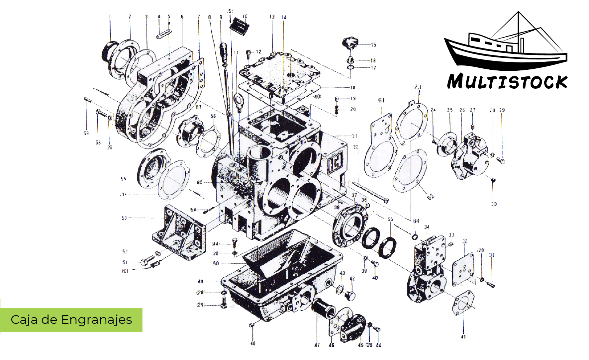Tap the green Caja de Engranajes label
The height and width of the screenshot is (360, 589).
71,320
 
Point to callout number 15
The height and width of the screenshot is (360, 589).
373,45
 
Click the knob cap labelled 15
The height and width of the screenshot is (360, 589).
349,43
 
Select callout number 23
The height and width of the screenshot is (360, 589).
418,87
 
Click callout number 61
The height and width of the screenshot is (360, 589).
381,100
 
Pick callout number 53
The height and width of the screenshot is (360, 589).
124,218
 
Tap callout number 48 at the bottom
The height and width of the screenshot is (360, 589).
253,343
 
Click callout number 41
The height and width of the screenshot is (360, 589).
463,336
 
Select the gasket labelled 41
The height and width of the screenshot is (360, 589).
463,303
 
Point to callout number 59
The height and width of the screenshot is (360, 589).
86,133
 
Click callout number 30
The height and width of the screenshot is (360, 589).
494,204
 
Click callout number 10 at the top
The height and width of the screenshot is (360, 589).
245,16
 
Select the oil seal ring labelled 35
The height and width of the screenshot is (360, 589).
387,247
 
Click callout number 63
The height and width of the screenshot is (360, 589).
125,271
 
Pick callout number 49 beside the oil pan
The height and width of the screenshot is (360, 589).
200,282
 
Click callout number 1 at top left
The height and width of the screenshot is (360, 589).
110,16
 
